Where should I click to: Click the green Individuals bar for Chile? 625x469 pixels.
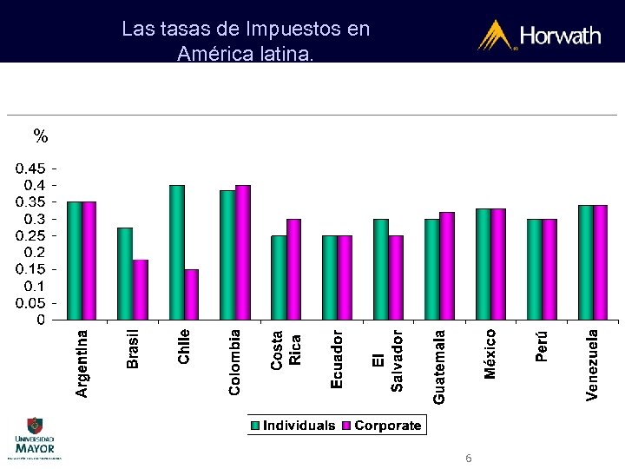coord(177,252)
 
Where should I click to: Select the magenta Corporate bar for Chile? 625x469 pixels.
coord(192,294)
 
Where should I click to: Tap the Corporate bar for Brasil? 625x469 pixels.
coord(141,289)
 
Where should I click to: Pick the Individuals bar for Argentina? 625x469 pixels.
coord(75,261)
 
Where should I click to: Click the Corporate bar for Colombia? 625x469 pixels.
coord(243,252)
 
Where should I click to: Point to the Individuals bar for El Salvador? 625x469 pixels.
coord(381,269)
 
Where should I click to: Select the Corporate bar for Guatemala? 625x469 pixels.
coord(447,266)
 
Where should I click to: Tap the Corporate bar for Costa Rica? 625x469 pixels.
coord(294,269)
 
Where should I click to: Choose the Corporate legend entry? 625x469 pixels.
coord(381,426)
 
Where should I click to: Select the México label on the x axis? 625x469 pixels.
coord(491,353)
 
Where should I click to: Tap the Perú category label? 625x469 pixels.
coord(543,344)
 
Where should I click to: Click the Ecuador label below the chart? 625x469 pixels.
coord(338,357)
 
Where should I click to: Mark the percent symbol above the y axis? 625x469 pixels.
coord(41,135)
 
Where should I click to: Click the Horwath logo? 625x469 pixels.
coord(539,36)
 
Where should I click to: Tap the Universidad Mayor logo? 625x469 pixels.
coord(34,438)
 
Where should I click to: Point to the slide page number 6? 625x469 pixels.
coord(469,458)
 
